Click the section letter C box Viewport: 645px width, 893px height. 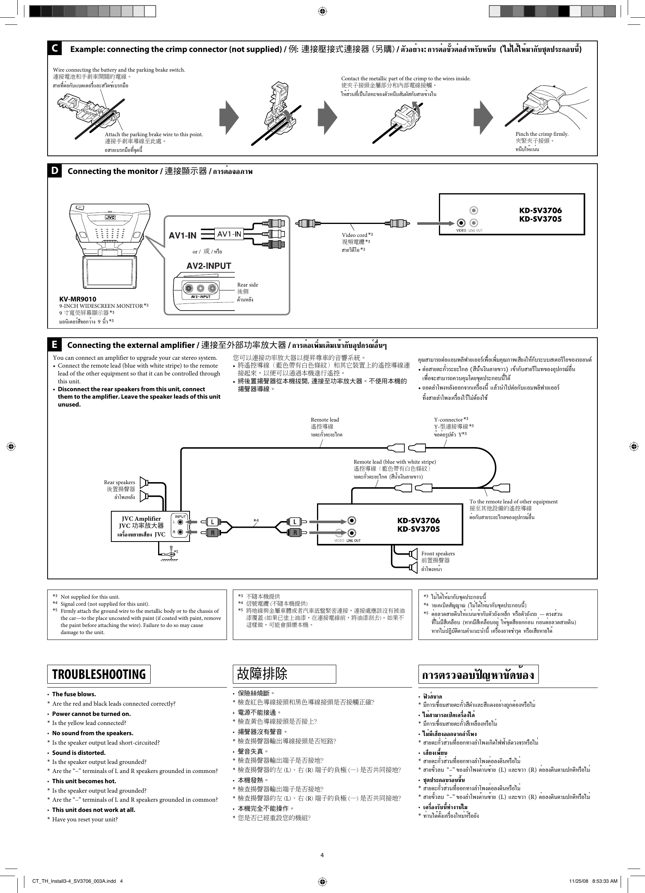coord(55,48)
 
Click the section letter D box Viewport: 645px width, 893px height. coord(55,171)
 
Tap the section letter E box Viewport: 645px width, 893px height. coord(55,345)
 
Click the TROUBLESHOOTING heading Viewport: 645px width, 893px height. coord(99,674)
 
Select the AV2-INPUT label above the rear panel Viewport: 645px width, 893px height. coord(208,266)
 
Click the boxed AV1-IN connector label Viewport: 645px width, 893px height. coord(229,234)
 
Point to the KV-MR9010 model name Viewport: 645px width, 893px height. coord(77,299)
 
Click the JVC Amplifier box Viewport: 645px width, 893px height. coord(141,527)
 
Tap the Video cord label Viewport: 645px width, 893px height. coord(354,235)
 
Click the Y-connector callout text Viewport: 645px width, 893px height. coord(448,420)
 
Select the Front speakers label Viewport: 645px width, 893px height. coord(438,554)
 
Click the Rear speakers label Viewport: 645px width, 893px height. coord(119,483)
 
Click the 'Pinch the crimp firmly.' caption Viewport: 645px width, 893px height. coord(542,134)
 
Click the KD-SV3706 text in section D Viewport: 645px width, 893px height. coord(540,210)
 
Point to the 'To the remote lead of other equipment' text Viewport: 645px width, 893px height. coord(513,502)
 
